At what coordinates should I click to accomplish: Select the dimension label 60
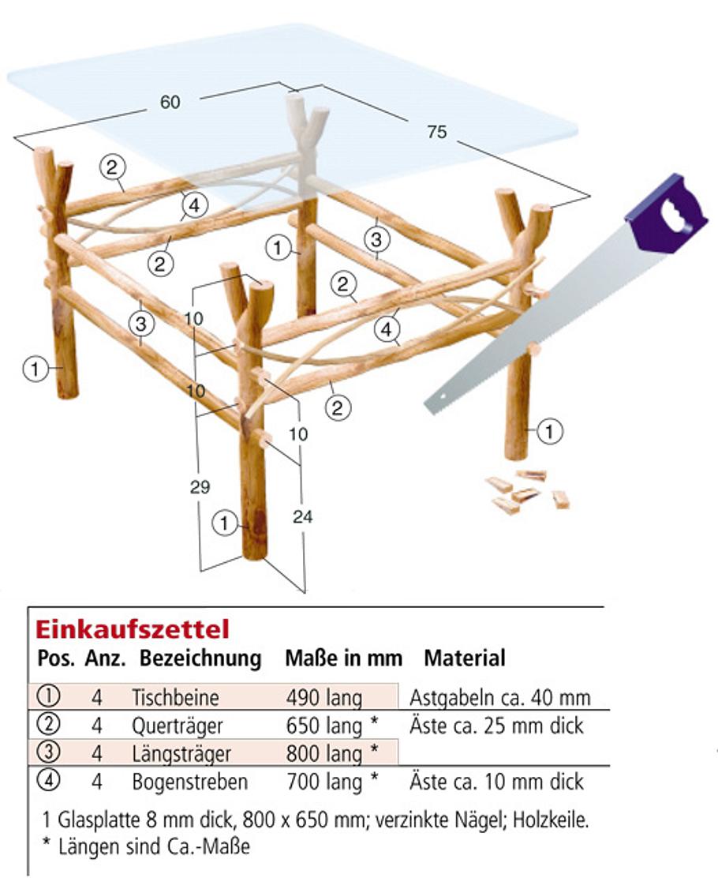click(x=170, y=103)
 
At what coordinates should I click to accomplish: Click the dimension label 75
click(x=436, y=133)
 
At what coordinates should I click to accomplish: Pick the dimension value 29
click(x=200, y=487)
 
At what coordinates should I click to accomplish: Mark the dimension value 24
click(x=302, y=516)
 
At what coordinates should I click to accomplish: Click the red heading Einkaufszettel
click(x=132, y=629)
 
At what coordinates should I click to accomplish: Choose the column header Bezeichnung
click(x=200, y=658)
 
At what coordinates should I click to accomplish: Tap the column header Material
click(x=465, y=658)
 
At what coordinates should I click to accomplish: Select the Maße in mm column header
click(x=343, y=658)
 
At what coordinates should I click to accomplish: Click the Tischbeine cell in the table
click(x=175, y=698)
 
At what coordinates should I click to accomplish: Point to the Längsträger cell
click(x=181, y=753)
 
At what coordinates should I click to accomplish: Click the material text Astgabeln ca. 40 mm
click(x=500, y=698)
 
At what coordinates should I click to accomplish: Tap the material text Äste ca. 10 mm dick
click(x=496, y=782)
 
